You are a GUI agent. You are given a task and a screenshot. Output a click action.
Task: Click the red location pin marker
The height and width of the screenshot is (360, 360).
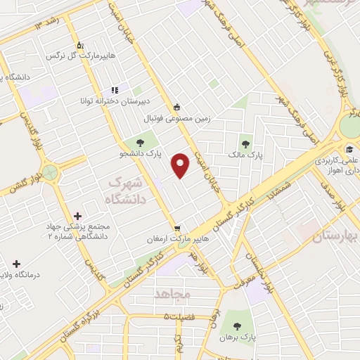[x=181, y=165]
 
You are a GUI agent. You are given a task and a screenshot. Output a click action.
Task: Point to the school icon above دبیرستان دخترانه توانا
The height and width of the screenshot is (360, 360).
[x=114, y=91]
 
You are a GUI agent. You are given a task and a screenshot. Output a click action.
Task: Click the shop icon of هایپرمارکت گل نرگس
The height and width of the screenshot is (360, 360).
[x=79, y=44]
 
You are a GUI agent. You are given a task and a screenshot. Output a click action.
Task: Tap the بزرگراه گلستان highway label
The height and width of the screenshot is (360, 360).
[x=82, y=321]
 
